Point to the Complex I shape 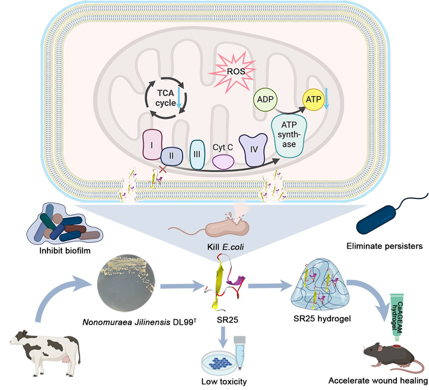(x=152, y=145)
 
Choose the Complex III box (x=197, y=154)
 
